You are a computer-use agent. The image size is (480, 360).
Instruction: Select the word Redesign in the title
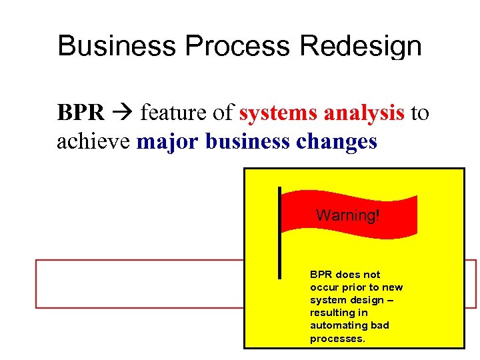pyautogui.click(x=361, y=47)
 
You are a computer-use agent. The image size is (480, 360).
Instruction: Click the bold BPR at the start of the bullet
pyautogui.click(x=81, y=113)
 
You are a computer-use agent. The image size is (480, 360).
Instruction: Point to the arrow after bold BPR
pyautogui.click(x=123, y=114)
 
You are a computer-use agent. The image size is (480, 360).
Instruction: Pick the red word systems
pyautogui.click(x=278, y=114)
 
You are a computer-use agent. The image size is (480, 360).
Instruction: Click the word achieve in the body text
pyautogui.click(x=93, y=142)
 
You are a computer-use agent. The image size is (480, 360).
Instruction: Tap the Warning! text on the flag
pyautogui.click(x=347, y=215)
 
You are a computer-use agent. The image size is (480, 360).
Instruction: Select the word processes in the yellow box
pyautogui.click(x=337, y=339)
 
